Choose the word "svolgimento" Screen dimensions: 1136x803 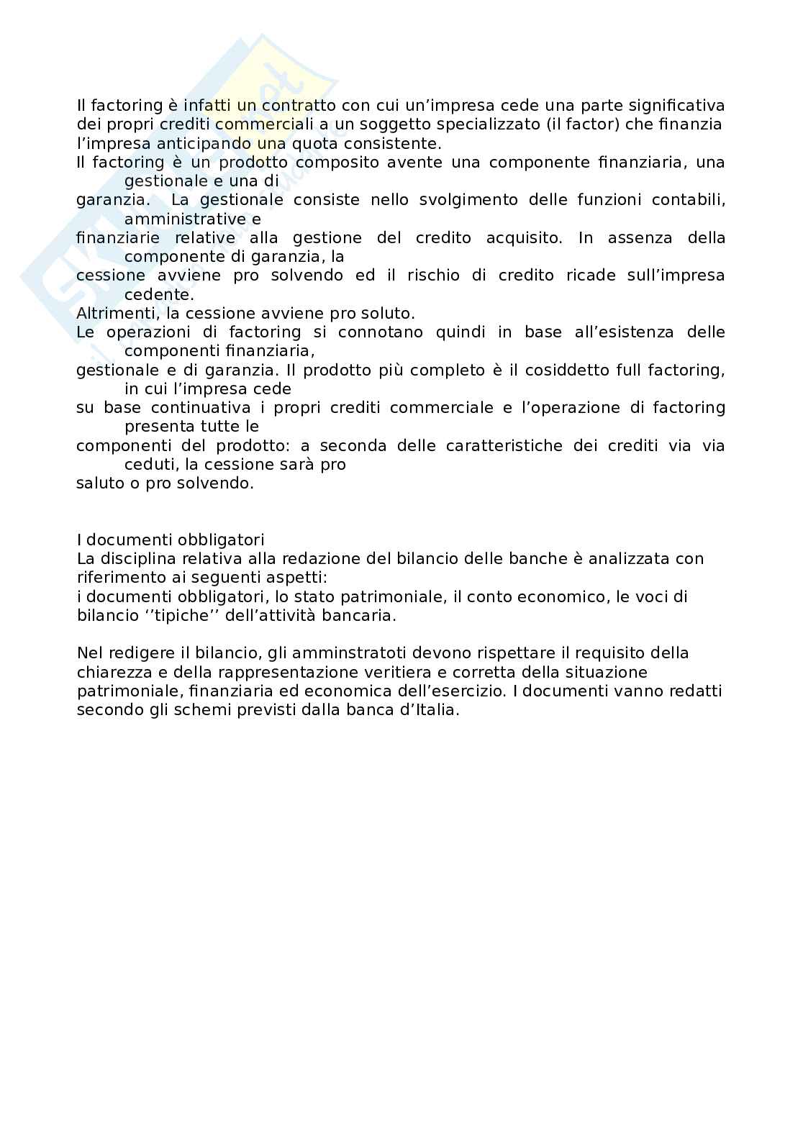coord(468,200)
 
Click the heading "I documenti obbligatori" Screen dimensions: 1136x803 coord(171,540)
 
